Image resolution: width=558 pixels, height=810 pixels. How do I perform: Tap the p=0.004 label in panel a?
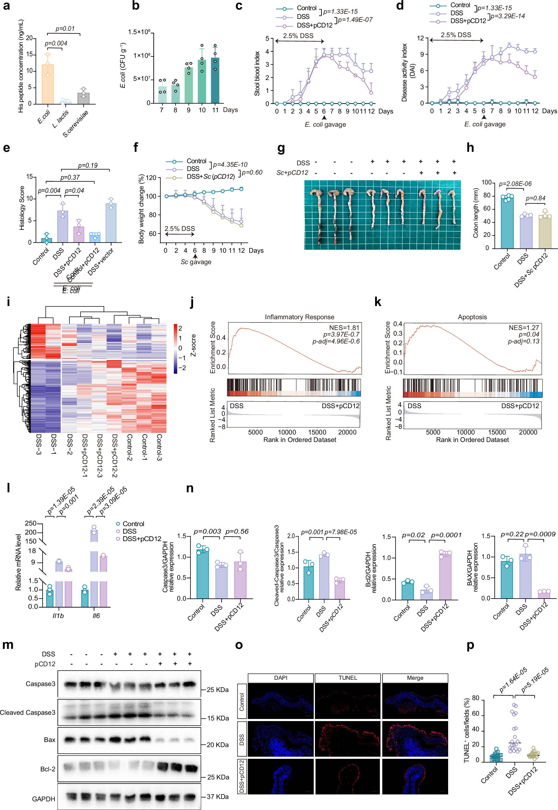56,43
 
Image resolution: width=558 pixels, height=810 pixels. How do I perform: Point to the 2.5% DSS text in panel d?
456,35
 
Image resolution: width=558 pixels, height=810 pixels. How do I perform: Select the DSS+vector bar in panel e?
111,223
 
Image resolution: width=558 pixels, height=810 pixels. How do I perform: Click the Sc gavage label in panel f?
196,262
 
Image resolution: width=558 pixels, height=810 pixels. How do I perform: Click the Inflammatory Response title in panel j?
299,317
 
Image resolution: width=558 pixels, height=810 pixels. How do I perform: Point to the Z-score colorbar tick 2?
180,328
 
